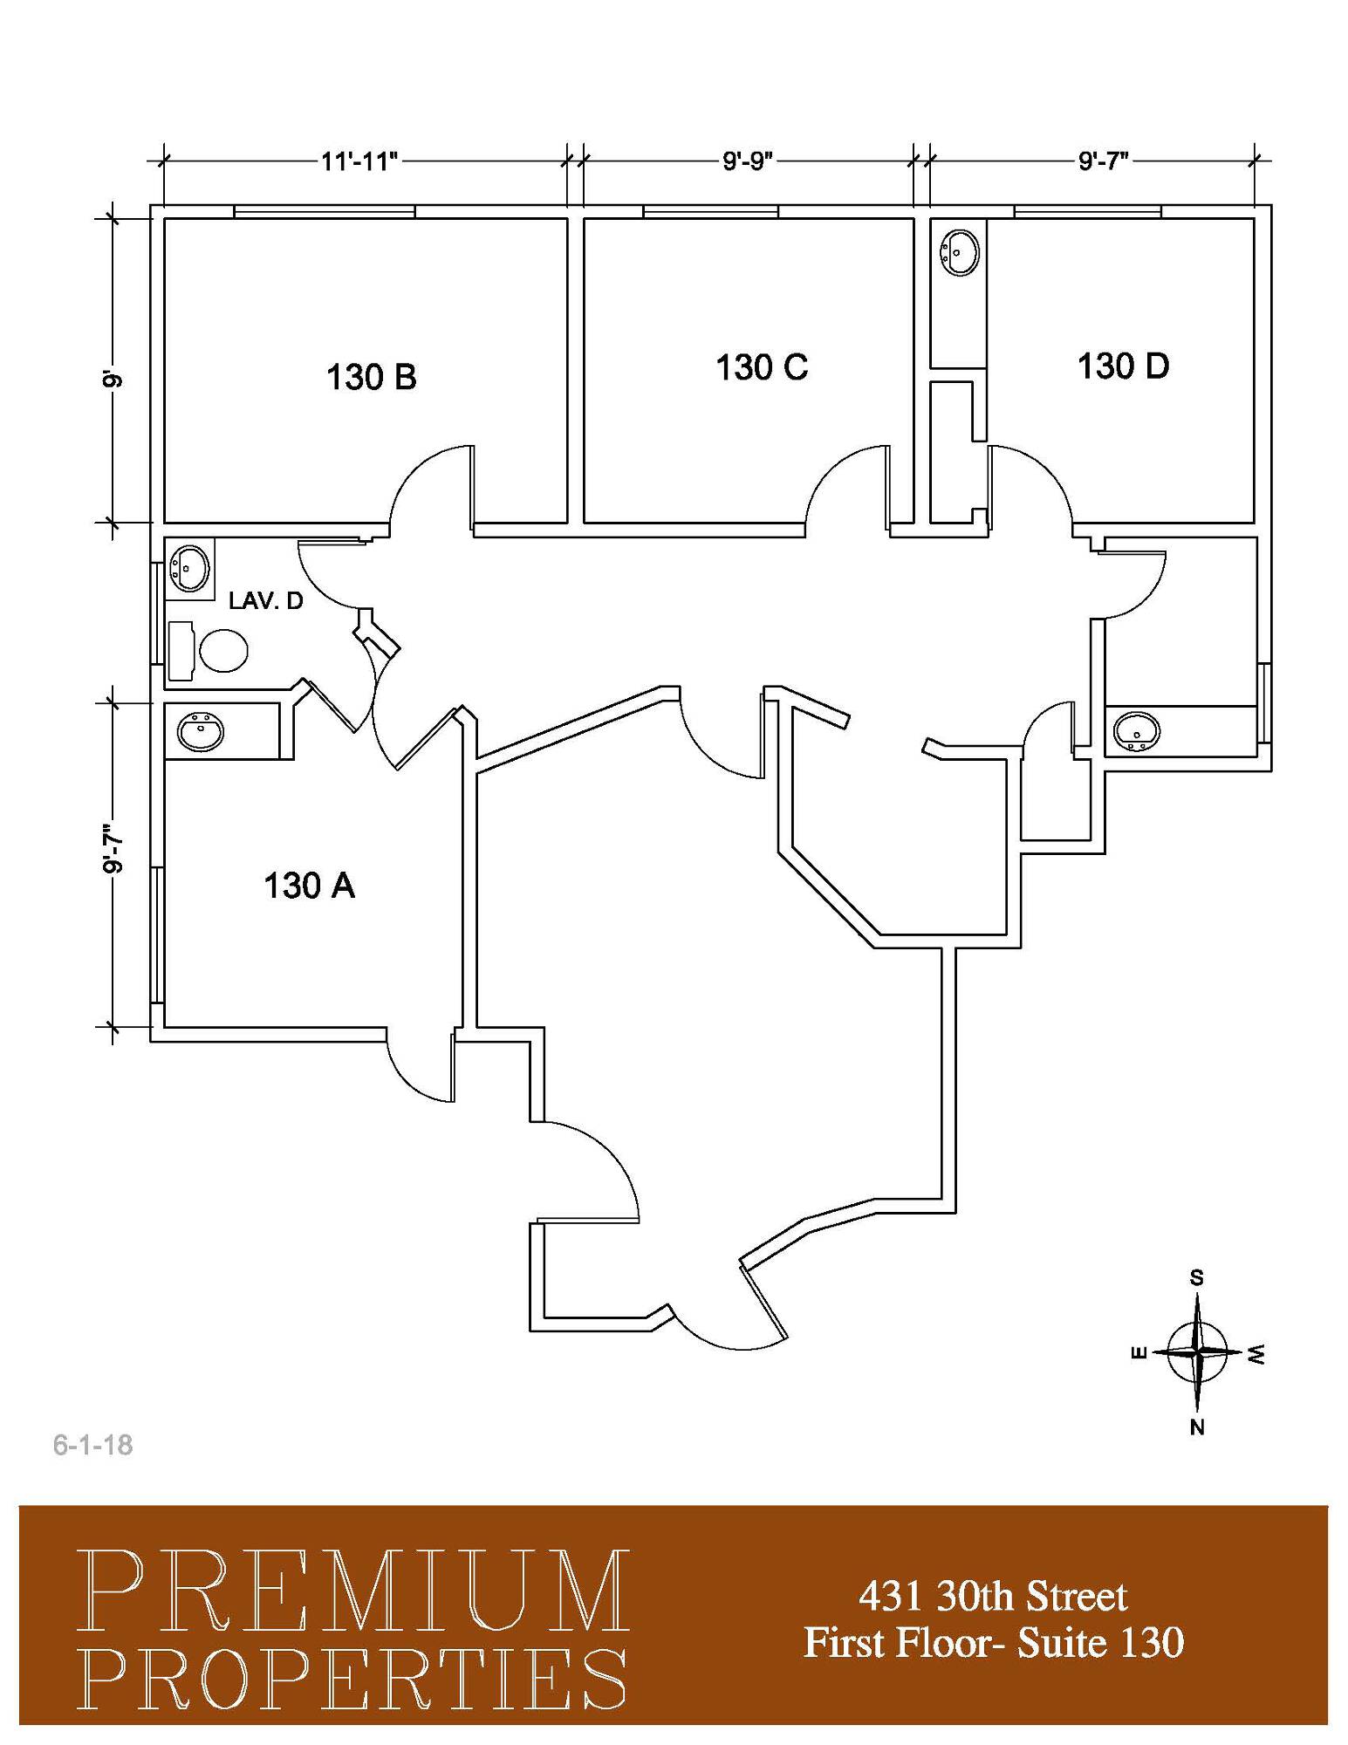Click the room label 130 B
point(372,377)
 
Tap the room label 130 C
point(762,366)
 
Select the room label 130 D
point(1123,366)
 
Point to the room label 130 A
point(309,886)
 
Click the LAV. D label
point(265,600)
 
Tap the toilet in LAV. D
point(209,651)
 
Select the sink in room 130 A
point(201,730)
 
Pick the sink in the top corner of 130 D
point(959,253)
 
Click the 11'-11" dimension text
point(359,161)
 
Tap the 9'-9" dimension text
point(748,161)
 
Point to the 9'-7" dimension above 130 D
point(1103,161)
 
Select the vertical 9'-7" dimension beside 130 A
point(112,849)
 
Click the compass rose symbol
point(1197,1352)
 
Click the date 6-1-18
point(92,1445)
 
